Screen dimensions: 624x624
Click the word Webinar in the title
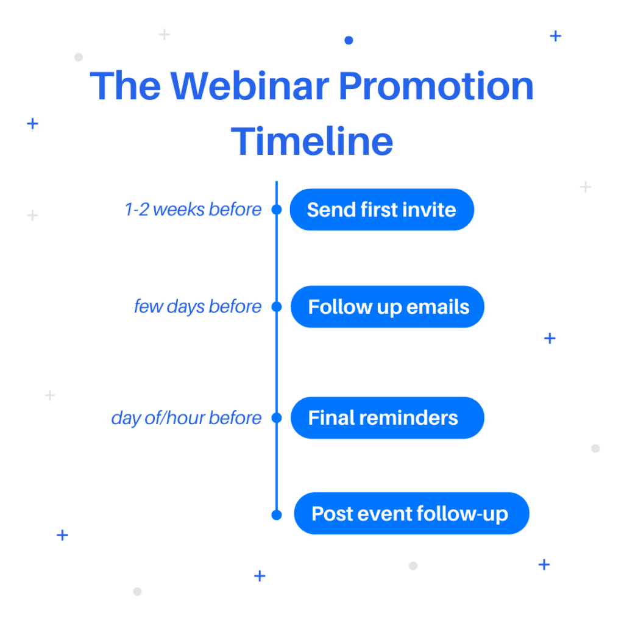click(250, 85)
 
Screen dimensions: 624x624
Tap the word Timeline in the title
click(312, 141)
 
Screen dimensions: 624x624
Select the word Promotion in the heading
click(436, 85)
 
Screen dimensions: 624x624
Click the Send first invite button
click(381, 210)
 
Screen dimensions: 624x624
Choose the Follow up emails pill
click(387, 307)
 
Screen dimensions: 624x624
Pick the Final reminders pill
click(387, 418)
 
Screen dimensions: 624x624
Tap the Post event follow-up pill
click(411, 513)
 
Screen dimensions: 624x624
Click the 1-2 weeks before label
click(193, 210)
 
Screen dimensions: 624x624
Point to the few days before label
click(198, 307)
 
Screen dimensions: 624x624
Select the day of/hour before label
click(186, 418)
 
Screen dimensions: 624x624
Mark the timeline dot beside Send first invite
click(277, 210)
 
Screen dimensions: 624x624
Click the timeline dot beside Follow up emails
click(277, 307)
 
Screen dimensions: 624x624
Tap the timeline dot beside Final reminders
click(277, 418)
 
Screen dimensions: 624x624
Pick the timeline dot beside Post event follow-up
click(277, 515)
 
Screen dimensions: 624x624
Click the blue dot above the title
click(349, 40)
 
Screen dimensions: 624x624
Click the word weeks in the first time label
click(179, 210)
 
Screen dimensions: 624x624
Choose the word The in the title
click(126, 85)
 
